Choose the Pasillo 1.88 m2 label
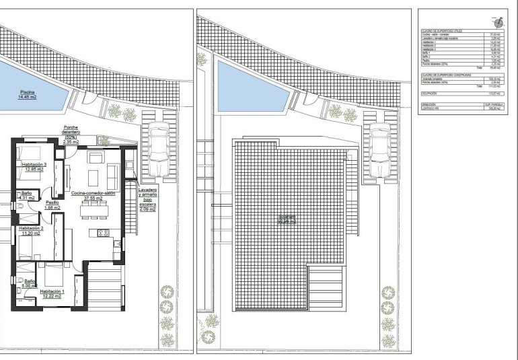click(52, 205)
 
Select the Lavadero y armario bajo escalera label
click(147, 200)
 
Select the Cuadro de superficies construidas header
click(448, 74)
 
